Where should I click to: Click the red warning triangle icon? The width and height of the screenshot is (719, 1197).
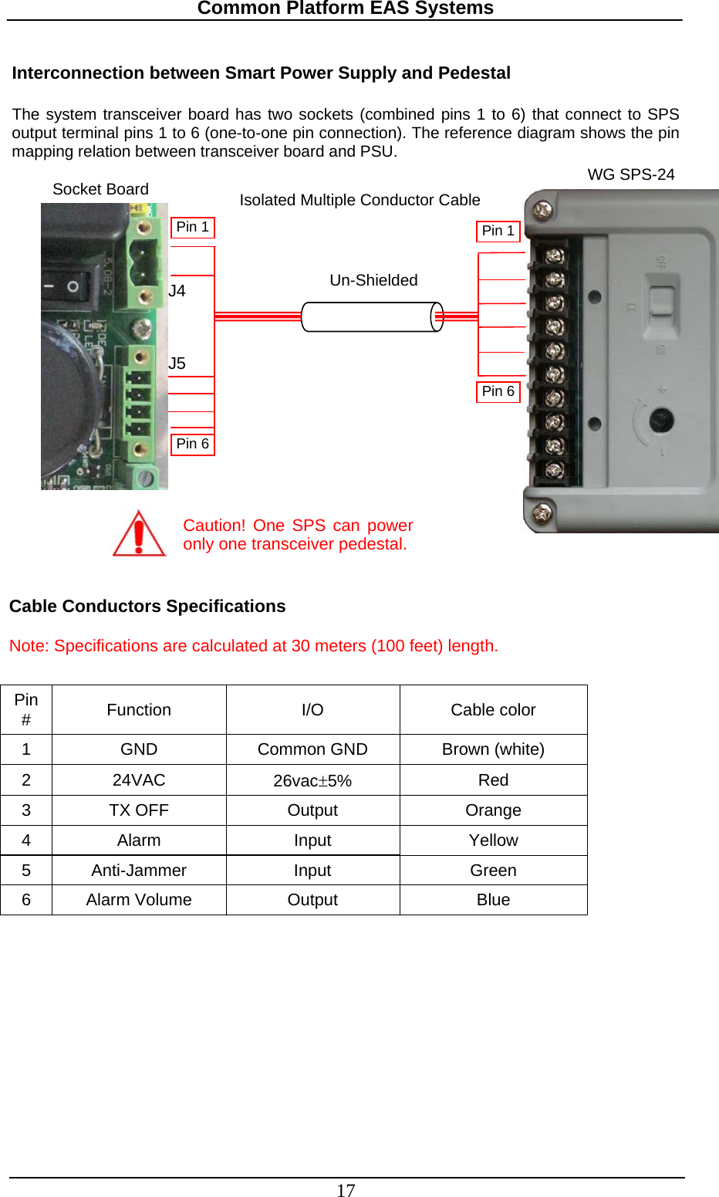point(139,534)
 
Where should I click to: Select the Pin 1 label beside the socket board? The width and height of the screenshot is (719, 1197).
point(192,228)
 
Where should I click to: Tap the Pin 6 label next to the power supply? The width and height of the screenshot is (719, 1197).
point(498,392)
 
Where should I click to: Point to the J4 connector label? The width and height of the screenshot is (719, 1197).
point(177,291)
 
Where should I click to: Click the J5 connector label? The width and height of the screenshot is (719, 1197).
point(177,363)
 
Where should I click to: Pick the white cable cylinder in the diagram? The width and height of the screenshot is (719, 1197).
point(372,317)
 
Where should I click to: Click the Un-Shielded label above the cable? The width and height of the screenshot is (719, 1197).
point(373,280)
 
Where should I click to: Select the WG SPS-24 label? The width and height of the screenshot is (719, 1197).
point(630,174)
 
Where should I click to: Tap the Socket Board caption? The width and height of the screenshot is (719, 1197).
point(100,189)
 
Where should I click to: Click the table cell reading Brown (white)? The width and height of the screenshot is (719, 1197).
point(493,749)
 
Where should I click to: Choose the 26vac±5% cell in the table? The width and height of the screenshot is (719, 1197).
point(312,780)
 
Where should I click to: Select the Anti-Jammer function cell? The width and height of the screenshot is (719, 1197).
point(139,871)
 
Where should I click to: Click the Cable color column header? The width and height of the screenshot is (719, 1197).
point(493,710)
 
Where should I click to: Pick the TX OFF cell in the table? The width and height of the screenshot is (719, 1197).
point(139,810)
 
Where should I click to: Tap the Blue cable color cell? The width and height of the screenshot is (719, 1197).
point(493,900)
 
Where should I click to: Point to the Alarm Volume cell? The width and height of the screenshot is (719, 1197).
point(139,900)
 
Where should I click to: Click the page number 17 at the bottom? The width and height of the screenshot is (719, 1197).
point(346,1190)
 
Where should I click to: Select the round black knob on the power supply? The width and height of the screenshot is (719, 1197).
point(661,421)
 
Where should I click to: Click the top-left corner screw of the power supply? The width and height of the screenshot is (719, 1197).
point(543,209)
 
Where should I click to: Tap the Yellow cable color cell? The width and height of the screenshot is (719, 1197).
point(493,840)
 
